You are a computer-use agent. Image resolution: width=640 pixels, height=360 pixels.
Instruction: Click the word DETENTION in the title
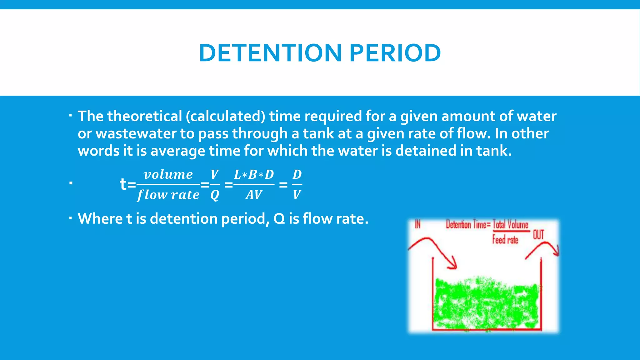pyautogui.click(x=270, y=53)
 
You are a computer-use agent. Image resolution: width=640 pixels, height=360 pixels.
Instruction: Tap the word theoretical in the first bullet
pyautogui.click(x=144, y=116)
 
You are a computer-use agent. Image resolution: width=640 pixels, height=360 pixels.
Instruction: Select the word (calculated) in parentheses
pyautogui.click(x=225, y=116)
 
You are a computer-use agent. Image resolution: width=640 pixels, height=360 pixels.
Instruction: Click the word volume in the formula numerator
pyautogui.click(x=168, y=174)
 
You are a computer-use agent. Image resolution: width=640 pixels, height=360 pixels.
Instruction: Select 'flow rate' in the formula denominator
pyautogui.click(x=168, y=195)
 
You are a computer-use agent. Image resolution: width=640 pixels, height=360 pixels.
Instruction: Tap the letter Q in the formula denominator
pyautogui.click(x=214, y=195)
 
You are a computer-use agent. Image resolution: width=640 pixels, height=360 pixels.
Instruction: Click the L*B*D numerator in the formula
pyautogui.click(x=254, y=174)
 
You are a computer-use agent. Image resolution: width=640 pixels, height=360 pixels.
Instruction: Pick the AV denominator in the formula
pyautogui.click(x=254, y=195)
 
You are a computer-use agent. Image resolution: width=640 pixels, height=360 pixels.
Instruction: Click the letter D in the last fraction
pyautogui.click(x=297, y=174)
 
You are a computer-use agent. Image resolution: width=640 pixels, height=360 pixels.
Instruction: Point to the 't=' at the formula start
pyautogui.click(x=127, y=184)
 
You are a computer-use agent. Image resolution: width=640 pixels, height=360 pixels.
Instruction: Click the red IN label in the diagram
pyautogui.click(x=417, y=224)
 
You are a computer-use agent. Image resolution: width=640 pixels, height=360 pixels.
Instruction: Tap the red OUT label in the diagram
pyautogui.click(x=538, y=234)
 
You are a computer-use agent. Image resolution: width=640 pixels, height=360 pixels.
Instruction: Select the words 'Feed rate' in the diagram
pyautogui.click(x=505, y=240)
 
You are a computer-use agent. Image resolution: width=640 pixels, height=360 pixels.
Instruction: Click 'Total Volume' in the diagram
pyautogui.click(x=511, y=224)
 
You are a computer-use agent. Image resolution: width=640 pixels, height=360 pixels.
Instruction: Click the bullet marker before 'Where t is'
pyautogui.click(x=71, y=217)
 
